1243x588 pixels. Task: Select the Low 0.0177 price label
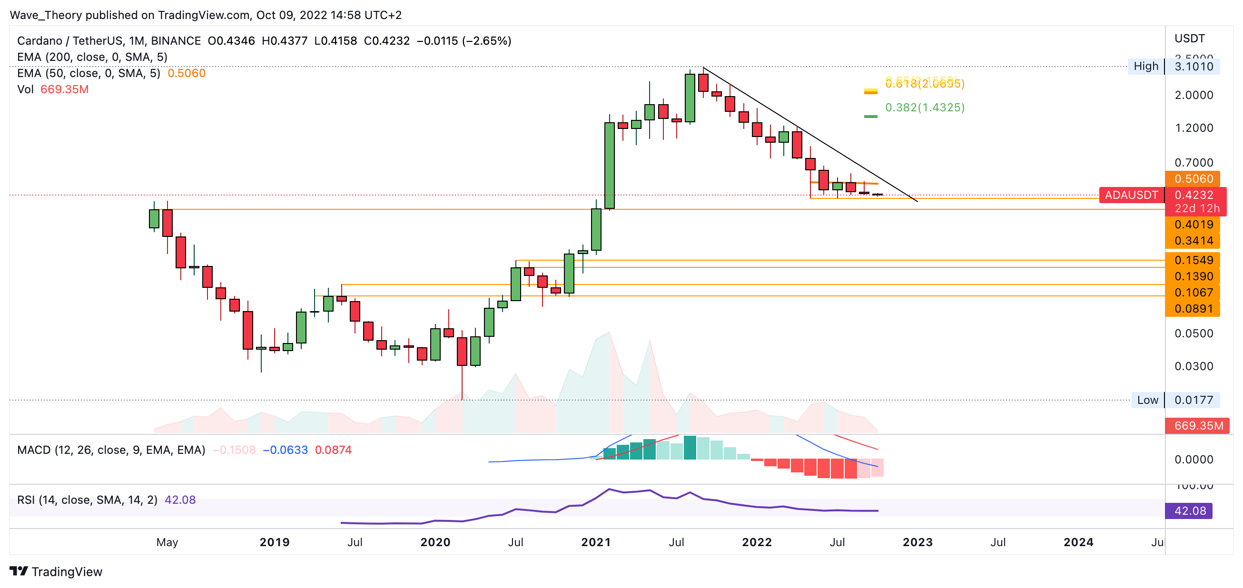pyautogui.click(x=1175, y=400)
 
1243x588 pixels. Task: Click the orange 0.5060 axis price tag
pyautogui.click(x=1193, y=178)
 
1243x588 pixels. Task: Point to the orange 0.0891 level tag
pyautogui.click(x=1193, y=309)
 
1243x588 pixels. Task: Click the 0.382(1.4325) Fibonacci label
pyautogui.click(x=925, y=107)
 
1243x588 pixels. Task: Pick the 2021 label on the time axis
pyautogui.click(x=596, y=542)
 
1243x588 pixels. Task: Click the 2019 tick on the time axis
pyautogui.click(x=275, y=542)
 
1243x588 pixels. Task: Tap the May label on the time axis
pyautogui.click(x=167, y=542)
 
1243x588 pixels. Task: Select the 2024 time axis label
pyautogui.click(x=1078, y=542)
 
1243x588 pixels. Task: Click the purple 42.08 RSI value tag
pyautogui.click(x=1189, y=511)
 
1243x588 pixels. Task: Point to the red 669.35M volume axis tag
pyautogui.click(x=1198, y=425)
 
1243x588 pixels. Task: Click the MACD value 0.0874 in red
pyautogui.click(x=333, y=450)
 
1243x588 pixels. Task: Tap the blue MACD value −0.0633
pyautogui.click(x=285, y=450)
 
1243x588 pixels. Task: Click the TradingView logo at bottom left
pyautogui.click(x=56, y=572)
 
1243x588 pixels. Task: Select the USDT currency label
pyautogui.click(x=1189, y=38)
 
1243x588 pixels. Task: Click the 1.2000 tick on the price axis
pyautogui.click(x=1194, y=128)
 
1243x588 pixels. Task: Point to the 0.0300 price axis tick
pyautogui.click(x=1194, y=366)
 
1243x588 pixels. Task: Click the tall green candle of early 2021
pyautogui.click(x=610, y=166)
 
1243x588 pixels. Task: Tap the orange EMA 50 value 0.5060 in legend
pyautogui.click(x=186, y=73)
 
